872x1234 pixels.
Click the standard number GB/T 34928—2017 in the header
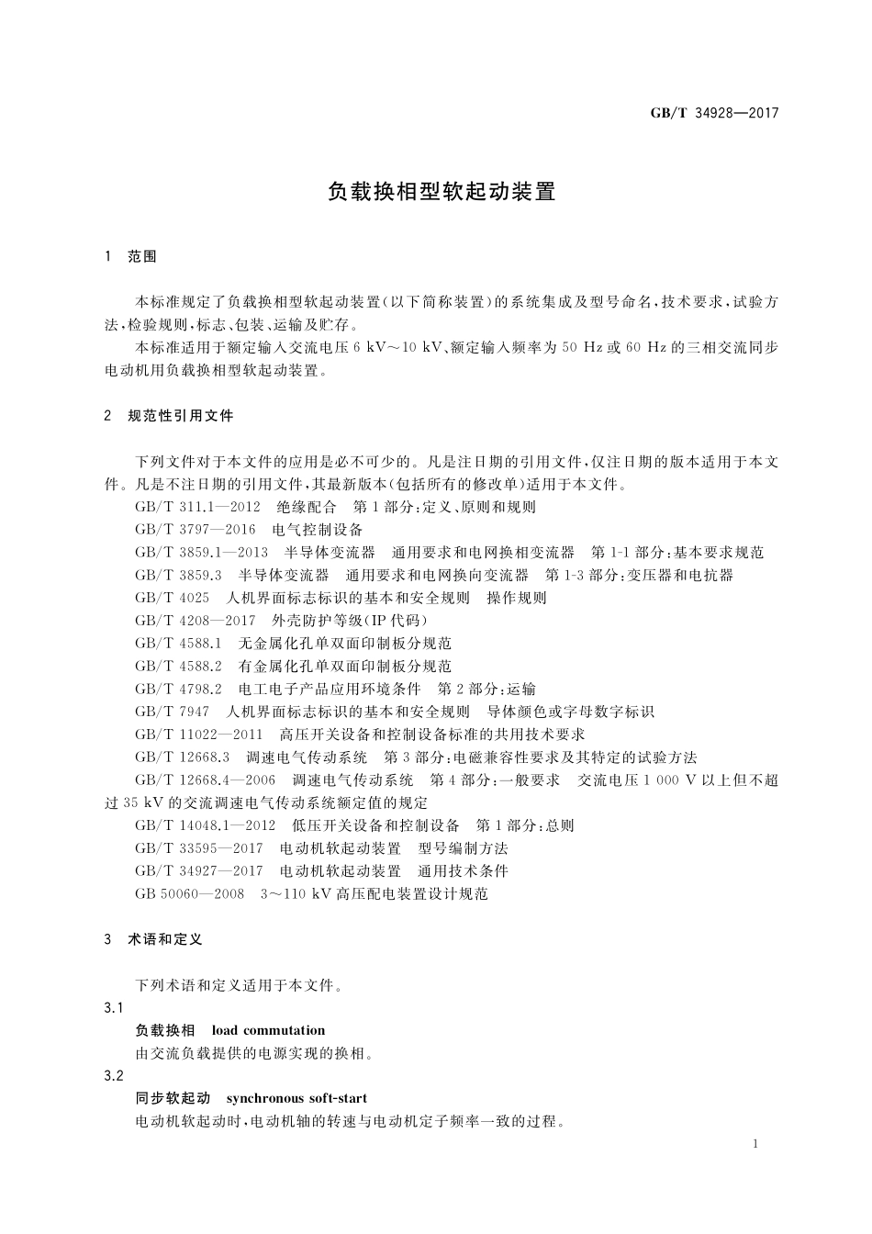click(x=714, y=113)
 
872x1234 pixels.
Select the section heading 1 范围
click(x=131, y=256)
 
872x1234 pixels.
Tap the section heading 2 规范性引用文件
click(x=170, y=415)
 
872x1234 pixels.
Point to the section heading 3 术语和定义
click(x=153, y=939)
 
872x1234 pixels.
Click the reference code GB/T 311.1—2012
click(x=197, y=507)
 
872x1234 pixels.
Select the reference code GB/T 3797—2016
click(x=195, y=530)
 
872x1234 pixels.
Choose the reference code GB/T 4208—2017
click(x=195, y=621)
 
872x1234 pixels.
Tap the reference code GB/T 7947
click(x=172, y=712)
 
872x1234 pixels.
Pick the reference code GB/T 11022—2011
click(x=198, y=735)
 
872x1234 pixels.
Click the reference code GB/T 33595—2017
click(x=198, y=848)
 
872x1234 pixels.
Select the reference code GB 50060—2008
click(x=189, y=893)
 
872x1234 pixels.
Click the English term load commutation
click(x=268, y=1030)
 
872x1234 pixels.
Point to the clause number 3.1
click(x=114, y=1008)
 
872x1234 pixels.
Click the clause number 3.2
click(x=114, y=1076)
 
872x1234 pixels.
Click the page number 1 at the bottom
click(x=754, y=1144)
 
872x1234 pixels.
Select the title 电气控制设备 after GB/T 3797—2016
click(x=318, y=530)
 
